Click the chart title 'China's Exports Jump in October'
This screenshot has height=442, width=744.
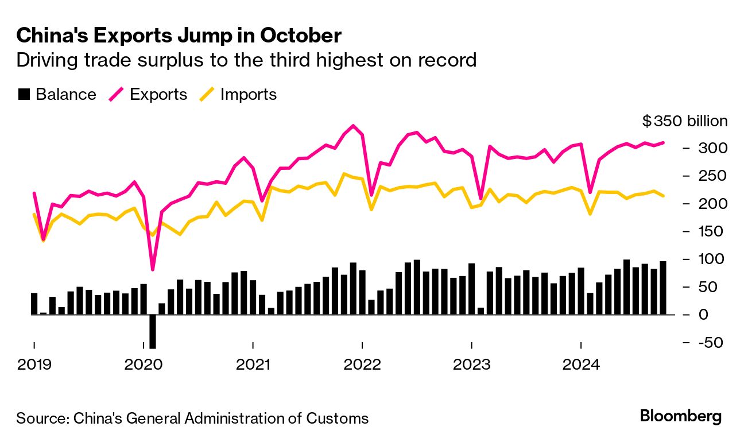coord(179,36)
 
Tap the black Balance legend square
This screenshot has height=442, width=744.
coord(24,95)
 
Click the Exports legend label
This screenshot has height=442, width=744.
coord(158,95)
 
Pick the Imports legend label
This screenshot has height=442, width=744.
coord(248,95)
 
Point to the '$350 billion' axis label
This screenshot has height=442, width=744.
coord(685,121)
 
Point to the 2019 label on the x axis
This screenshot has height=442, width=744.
coord(34,364)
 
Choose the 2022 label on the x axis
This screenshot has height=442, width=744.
coord(362,364)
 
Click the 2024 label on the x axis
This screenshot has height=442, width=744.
coord(581,364)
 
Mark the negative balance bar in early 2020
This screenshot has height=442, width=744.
coord(153,331)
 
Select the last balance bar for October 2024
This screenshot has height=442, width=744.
coord(663,288)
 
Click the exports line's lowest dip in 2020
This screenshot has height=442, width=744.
coord(153,269)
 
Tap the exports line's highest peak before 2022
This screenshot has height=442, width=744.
coord(353,126)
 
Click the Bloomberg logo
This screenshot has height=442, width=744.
coord(681,417)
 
